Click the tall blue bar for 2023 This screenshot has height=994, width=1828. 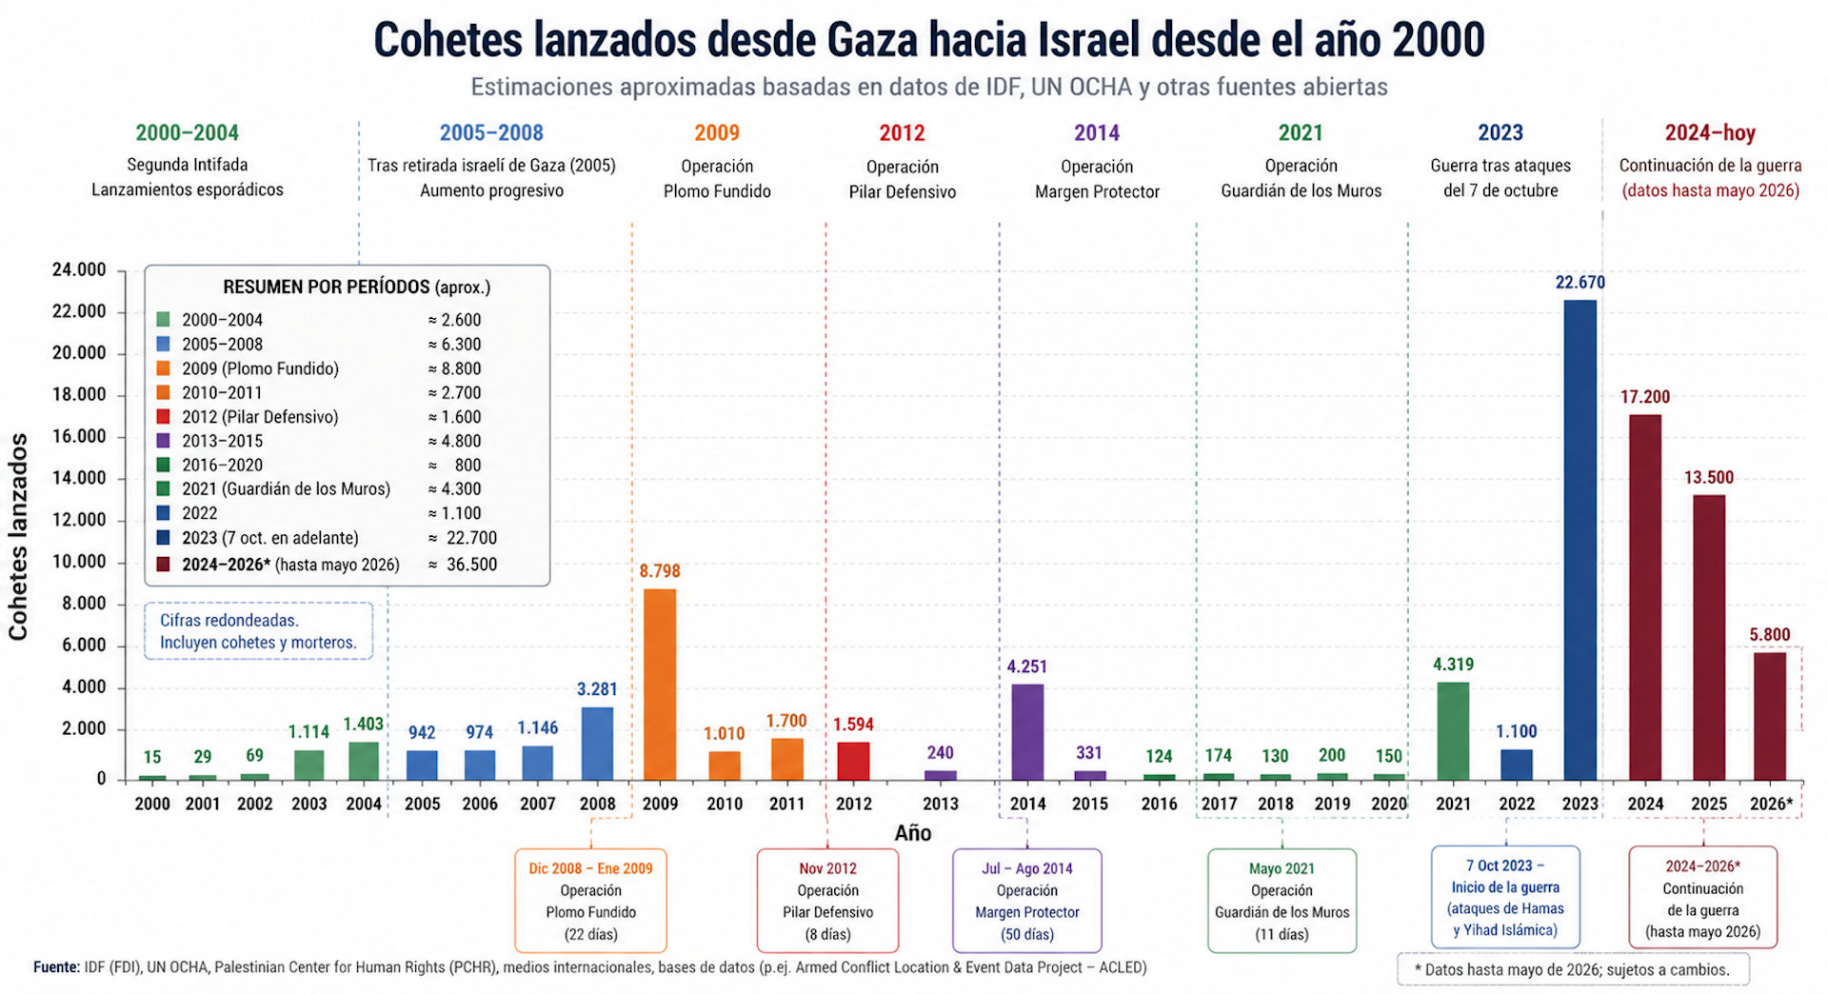point(1580,540)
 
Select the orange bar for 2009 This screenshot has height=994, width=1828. point(660,685)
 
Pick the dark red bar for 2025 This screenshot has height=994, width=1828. point(1708,637)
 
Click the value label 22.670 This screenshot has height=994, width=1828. point(1580,283)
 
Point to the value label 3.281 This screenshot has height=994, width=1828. point(597,689)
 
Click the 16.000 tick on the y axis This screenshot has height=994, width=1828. point(79,436)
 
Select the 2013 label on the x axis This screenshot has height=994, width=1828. point(940,804)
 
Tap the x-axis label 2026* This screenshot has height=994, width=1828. point(1771,804)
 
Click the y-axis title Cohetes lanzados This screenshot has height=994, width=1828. point(18,537)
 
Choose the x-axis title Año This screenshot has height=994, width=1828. point(912,833)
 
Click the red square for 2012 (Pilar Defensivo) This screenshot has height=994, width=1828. point(164,416)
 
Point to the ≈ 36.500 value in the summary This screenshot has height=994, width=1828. point(463,565)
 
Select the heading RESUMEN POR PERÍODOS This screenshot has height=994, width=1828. point(326,287)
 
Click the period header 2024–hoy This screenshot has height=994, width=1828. point(1709,133)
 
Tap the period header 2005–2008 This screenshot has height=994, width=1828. point(491,133)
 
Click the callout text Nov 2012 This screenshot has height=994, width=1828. point(827,868)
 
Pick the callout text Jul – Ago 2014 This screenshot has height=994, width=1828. point(1026,868)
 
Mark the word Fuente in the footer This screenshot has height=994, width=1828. point(56,967)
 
